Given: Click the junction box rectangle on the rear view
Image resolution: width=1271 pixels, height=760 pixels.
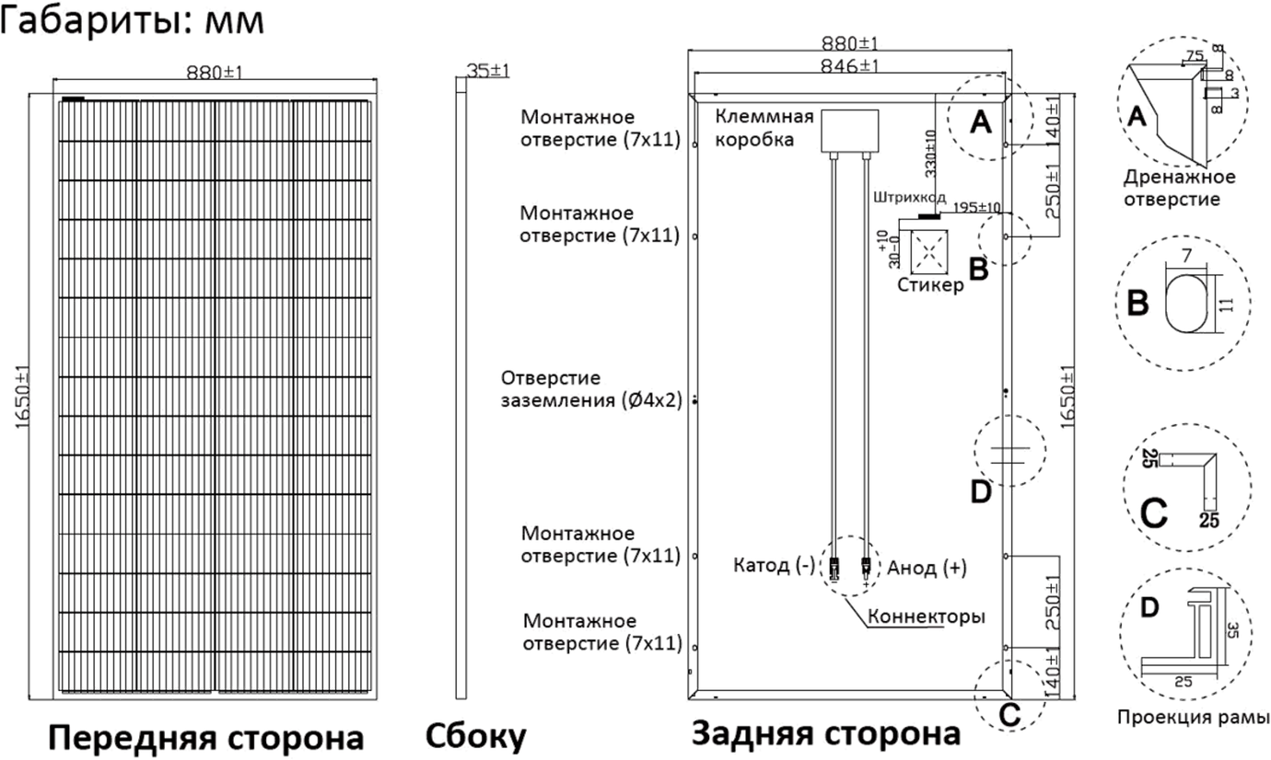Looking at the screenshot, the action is pyautogui.click(x=849, y=131).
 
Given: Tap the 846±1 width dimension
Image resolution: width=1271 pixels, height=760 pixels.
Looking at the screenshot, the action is pyautogui.click(x=849, y=66).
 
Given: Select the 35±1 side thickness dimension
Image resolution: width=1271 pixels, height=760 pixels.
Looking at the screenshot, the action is pyautogui.click(x=488, y=71).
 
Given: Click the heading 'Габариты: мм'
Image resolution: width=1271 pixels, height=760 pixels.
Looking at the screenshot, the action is pyautogui.click(x=132, y=20).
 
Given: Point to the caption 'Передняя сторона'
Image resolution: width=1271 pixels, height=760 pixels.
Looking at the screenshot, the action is pyautogui.click(x=206, y=737).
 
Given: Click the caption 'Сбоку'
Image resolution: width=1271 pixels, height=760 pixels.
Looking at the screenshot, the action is pyautogui.click(x=475, y=736).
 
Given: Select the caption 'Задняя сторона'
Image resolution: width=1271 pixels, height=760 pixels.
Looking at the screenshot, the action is pyautogui.click(x=825, y=732).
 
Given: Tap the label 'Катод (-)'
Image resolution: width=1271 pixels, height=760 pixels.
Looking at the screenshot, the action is pyautogui.click(x=774, y=565).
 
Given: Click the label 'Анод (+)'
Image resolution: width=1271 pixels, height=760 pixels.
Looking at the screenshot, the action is pyautogui.click(x=927, y=568).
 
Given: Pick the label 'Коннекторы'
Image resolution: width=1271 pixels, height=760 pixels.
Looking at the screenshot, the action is pyautogui.click(x=926, y=616).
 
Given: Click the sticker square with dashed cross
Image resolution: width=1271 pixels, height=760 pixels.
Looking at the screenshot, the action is pyautogui.click(x=929, y=252).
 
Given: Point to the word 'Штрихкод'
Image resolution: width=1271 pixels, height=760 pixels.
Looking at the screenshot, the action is pyautogui.click(x=909, y=197).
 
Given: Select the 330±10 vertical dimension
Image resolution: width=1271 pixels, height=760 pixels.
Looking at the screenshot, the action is pyautogui.click(x=930, y=153).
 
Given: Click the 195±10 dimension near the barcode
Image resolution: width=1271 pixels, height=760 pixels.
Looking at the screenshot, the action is pyautogui.click(x=976, y=207).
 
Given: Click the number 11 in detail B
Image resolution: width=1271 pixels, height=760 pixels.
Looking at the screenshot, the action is pyautogui.click(x=1226, y=305).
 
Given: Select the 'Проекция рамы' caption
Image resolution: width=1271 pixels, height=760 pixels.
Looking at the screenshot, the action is pyautogui.click(x=1194, y=717).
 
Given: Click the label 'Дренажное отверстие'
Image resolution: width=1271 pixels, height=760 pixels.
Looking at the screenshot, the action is pyautogui.click(x=1179, y=188).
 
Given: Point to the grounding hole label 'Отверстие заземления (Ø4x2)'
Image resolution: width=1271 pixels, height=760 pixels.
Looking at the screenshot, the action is pyautogui.click(x=591, y=389).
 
